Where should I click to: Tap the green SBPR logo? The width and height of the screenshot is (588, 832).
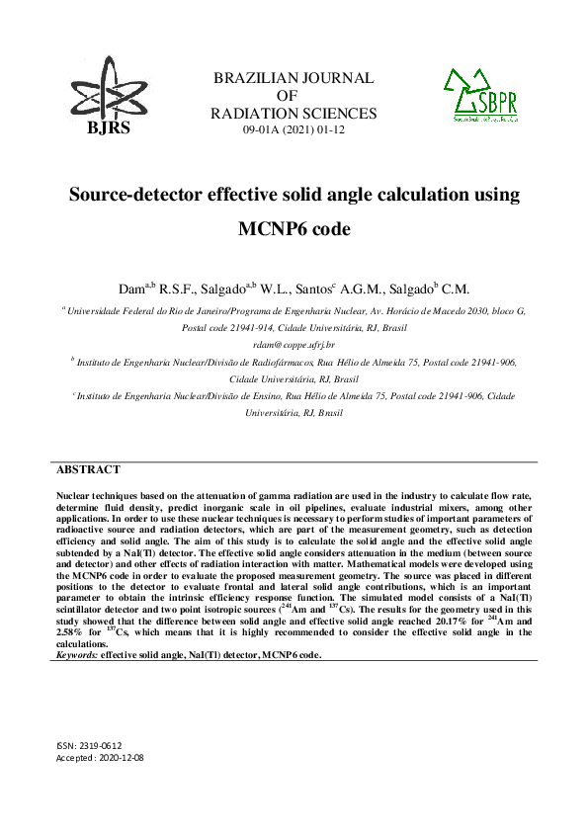tap(483, 95)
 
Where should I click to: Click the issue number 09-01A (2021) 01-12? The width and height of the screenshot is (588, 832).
tap(294, 130)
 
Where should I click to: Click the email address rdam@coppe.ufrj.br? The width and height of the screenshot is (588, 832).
tap(294, 344)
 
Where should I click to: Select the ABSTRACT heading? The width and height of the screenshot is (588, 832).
tap(89, 470)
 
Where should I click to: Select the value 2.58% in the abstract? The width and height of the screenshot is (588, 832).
tap(71, 632)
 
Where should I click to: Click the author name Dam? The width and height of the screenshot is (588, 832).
tap(132, 290)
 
